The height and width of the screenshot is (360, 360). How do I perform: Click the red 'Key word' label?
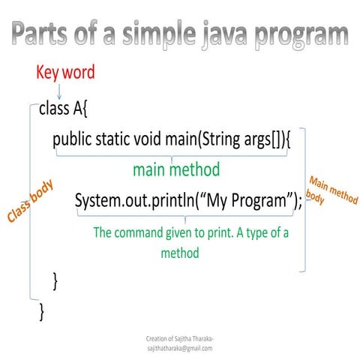click(65, 73)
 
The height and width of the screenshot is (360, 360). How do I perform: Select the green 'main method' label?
click(175, 170)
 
